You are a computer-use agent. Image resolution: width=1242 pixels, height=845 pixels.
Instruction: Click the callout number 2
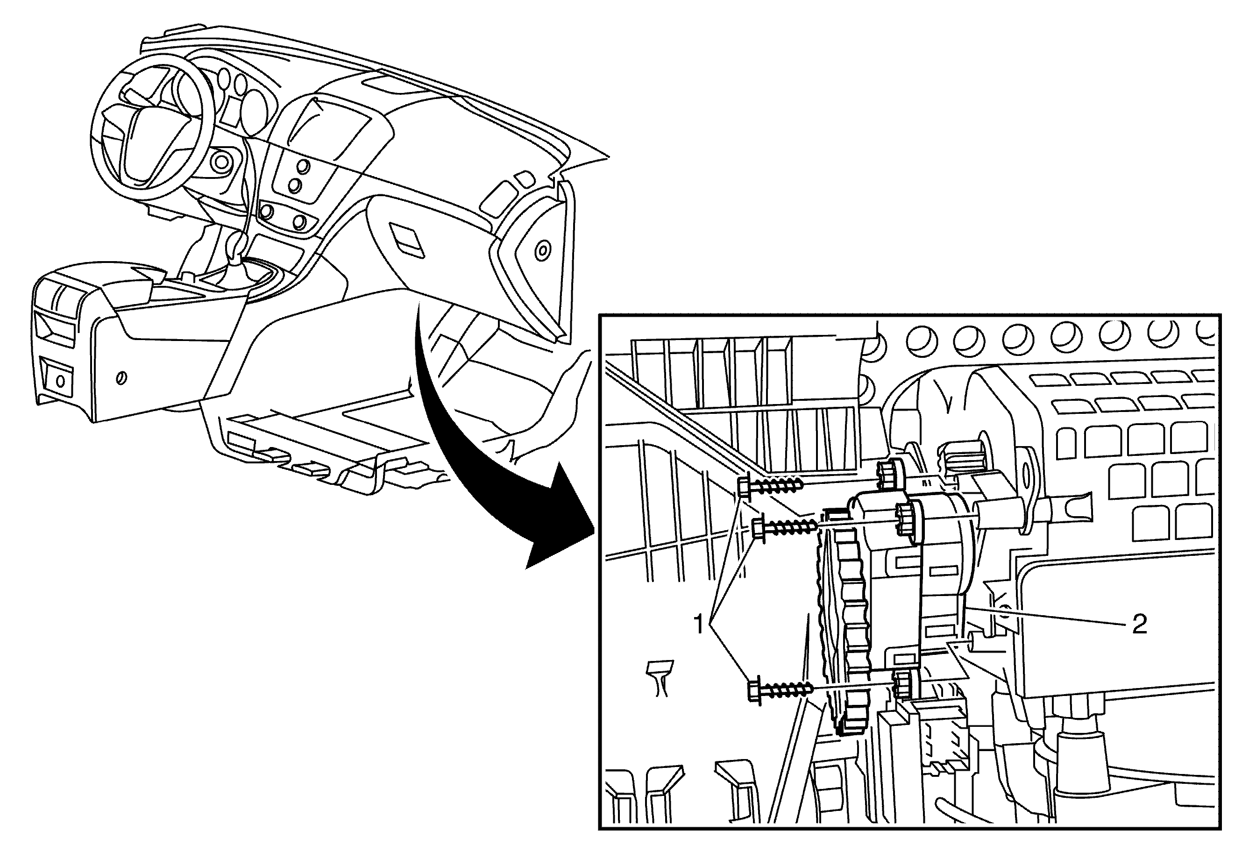point(1139,624)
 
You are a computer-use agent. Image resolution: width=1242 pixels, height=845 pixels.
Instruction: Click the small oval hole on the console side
point(122,378)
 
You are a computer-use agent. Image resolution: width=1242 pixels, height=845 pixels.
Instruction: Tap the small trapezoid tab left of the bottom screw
point(659,678)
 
